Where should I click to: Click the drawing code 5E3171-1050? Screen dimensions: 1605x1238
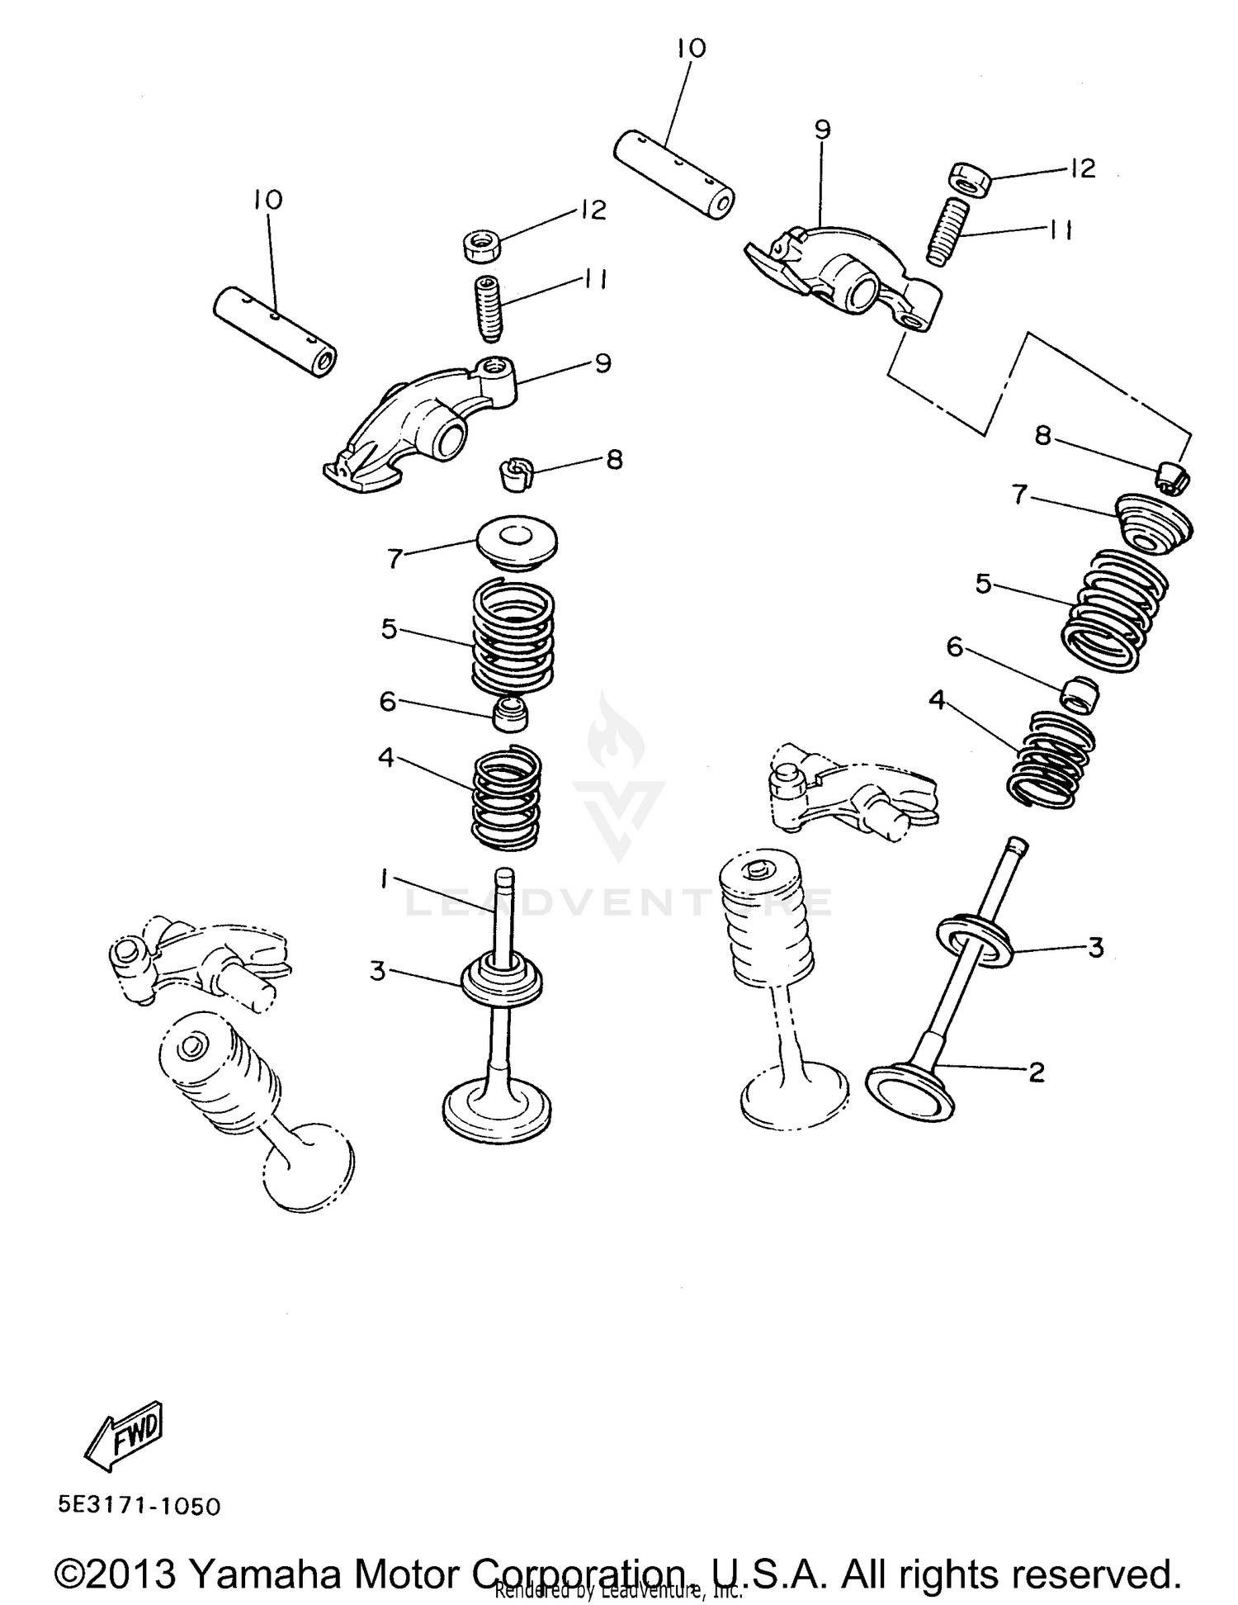click(139, 1506)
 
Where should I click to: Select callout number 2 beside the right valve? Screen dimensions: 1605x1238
click(1037, 1072)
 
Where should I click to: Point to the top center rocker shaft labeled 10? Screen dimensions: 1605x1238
click(674, 174)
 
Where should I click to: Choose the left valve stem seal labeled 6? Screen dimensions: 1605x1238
click(510, 713)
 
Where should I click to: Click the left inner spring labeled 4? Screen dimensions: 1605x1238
click(507, 798)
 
